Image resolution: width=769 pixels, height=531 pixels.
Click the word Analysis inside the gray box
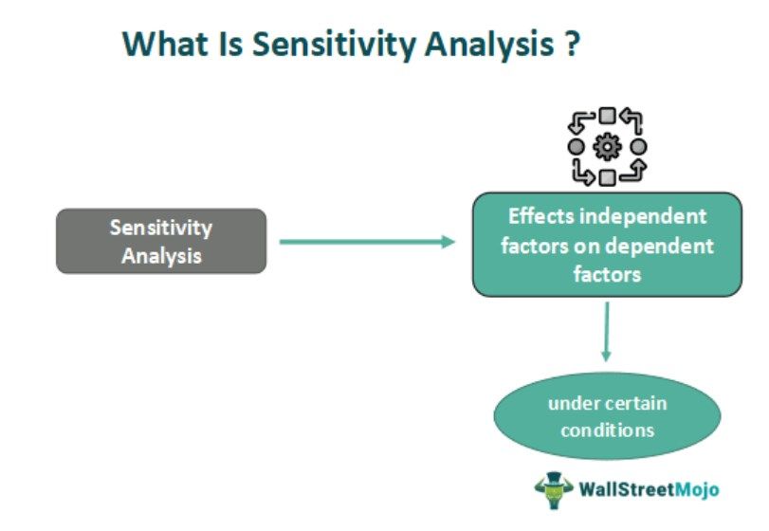[161, 255]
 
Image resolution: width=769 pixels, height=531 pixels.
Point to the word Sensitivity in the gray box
[161, 229]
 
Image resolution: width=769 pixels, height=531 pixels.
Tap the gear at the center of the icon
[607, 147]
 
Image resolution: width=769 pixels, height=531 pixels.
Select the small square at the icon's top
[607, 117]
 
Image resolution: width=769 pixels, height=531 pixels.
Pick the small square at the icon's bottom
[607, 176]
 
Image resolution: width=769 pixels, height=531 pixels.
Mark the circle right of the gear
[638, 147]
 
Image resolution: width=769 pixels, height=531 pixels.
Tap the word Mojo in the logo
[692, 490]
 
